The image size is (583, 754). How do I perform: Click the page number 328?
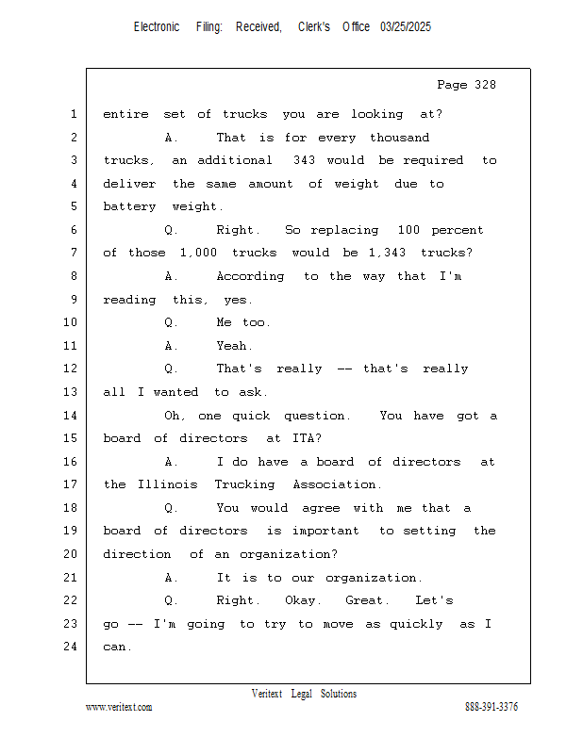tap(485, 85)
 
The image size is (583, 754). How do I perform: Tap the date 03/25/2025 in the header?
tap(406, 27)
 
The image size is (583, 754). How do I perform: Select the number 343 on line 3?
tap(305, 160)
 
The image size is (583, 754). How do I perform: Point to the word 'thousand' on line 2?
tap(399, 138)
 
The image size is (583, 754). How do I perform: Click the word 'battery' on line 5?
tap(129, 206)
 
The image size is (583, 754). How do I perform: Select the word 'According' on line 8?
tap(250, 276)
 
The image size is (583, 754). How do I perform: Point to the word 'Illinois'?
tap(168, 484)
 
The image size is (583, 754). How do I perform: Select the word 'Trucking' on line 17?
tap(244, 484)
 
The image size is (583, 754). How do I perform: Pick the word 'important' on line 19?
tap(325, 531)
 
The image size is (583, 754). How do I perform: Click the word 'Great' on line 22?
tap(364, 600)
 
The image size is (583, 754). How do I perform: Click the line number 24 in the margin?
tap(71, 647)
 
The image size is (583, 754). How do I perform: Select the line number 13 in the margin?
tap(71, 392)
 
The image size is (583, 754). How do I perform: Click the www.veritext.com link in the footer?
tap(119, 707)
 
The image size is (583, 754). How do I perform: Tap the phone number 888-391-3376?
tap(491, 707)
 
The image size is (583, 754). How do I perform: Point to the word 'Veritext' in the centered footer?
tap(267, 694)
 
